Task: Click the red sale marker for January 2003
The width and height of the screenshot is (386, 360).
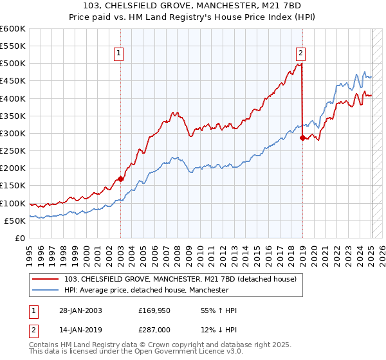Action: tap(120, 179)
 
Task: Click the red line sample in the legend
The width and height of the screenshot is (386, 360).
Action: tap(46, 279)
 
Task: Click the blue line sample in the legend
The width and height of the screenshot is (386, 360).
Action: tap(46, 291)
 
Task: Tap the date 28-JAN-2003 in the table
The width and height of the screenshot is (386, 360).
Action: tap(80, 310)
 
